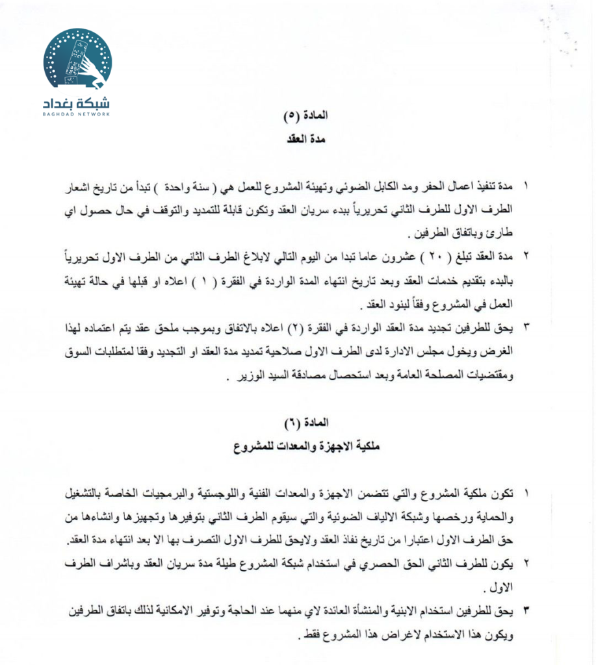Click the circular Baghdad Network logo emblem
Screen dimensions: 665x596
77,59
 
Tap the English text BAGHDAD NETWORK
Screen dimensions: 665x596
77,114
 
